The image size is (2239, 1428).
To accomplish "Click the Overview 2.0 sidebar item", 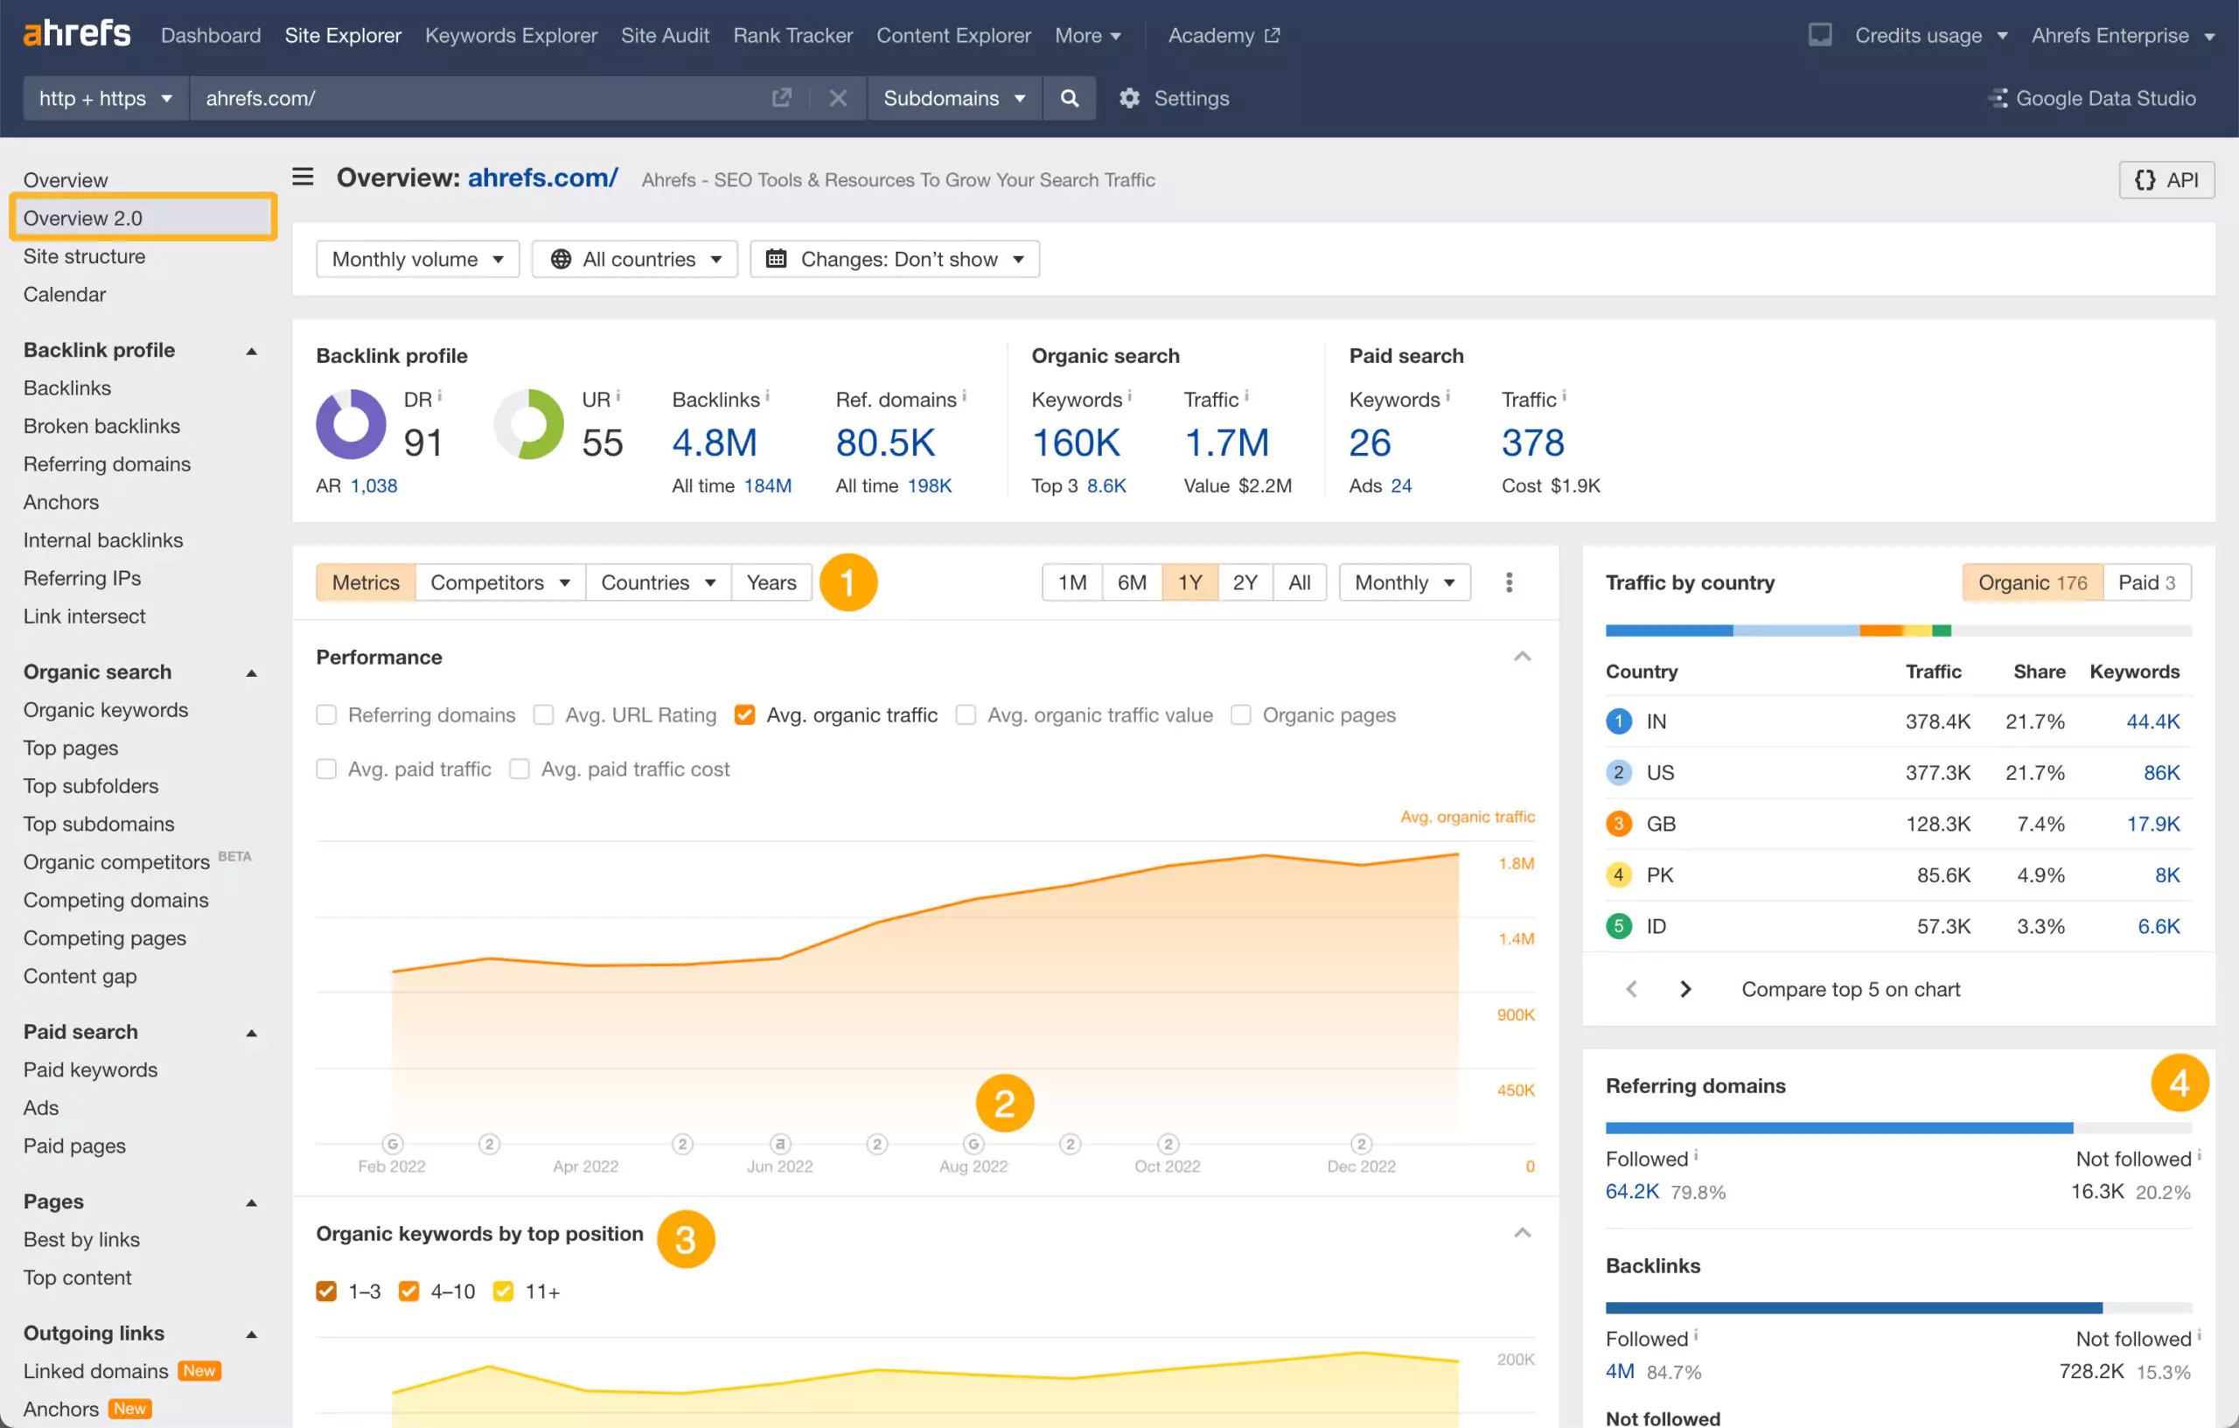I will [83, 218].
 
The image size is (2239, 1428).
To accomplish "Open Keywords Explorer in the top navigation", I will [511, 35].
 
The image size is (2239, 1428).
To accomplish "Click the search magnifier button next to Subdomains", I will [1070, 99].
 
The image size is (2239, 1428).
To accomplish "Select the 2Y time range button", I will [1244, 583].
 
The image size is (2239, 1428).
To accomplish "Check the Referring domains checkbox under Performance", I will [326, 715].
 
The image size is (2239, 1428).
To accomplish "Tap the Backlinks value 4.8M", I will [714, 442].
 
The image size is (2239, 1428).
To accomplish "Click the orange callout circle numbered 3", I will [686, 1239].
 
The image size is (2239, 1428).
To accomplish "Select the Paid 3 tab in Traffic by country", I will [2145, 583].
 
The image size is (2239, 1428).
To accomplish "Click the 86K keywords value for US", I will [2161, 772].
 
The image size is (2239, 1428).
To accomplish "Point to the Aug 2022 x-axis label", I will [973, 1167].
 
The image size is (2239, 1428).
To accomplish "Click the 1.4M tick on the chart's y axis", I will [1516, 939].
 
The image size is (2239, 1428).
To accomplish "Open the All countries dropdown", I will [635, 260].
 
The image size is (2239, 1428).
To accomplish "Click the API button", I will [2166, 180].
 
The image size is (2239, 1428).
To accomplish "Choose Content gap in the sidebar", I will [80, 976].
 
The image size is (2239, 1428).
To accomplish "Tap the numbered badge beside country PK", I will [1618, 874].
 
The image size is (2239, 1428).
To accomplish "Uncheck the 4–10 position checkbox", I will [408, 1292].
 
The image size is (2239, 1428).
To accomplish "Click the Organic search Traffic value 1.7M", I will [1225, 442].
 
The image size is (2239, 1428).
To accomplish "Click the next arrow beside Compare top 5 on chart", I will [1684, 989].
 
